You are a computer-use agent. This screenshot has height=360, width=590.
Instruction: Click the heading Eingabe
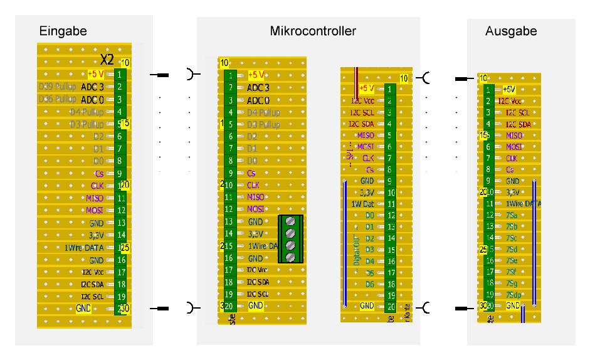63,31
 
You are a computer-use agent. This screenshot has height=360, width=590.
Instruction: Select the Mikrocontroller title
313,31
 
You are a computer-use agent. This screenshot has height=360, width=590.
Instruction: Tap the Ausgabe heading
511,31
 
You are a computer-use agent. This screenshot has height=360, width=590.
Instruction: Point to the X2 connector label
107,60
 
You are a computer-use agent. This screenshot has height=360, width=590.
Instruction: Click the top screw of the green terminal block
290,221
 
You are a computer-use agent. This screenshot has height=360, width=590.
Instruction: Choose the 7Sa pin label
512,215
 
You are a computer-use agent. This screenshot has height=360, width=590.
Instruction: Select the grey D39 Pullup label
58,87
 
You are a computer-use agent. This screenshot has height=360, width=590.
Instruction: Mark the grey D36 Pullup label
58,99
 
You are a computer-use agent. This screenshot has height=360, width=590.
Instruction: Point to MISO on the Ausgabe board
514,135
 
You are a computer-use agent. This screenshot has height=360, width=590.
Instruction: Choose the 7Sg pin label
512,283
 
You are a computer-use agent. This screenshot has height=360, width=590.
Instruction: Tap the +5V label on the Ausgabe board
509,90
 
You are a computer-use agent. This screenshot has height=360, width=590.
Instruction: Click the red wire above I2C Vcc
357,75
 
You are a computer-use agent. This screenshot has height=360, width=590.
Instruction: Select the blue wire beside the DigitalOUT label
344,241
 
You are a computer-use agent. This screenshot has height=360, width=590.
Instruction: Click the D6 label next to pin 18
369,283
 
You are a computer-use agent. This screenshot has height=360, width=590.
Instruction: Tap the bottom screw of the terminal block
290,257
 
